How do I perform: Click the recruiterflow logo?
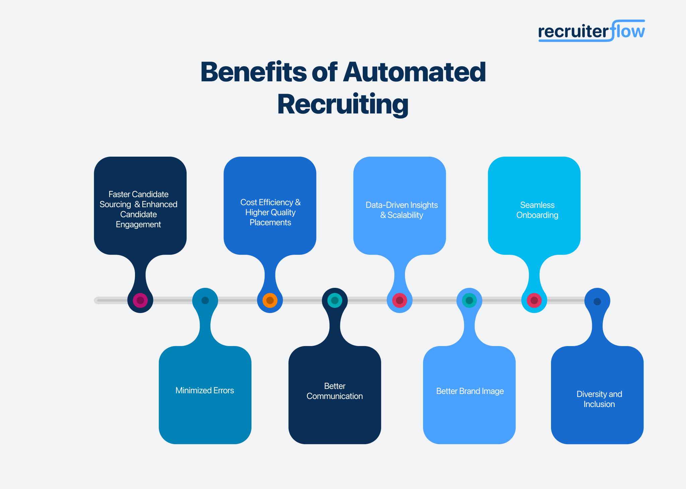(591, 31)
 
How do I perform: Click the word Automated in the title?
(414, 72)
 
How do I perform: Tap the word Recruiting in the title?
(343, 104)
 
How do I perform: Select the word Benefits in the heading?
(253, 72)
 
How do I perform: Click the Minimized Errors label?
(205, 391)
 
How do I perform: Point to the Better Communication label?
(335, 391)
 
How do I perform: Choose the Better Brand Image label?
(470, 391)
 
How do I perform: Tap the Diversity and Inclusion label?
(599, 399)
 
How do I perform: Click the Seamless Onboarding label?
(537, 210)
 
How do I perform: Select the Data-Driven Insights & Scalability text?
(402, 210)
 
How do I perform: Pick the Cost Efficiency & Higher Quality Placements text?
(270, 213)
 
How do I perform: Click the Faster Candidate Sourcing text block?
(138, 210)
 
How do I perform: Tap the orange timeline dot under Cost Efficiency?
(270, 300)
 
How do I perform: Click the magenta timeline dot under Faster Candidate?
(140, 300)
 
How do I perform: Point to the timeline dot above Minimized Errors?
(205, 300)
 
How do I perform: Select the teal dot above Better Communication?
(335, 300)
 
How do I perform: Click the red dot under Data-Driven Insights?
(400, 300)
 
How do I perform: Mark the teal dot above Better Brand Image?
(469, 300)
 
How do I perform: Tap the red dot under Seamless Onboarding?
(534, 300)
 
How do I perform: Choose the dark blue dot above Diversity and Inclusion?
(597, 301)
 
